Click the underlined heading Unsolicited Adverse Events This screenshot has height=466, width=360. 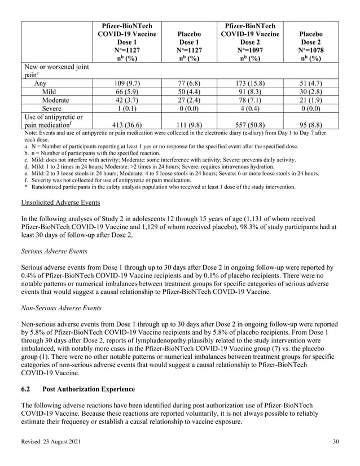point(60,202)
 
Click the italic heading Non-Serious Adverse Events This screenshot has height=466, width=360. point(62,308)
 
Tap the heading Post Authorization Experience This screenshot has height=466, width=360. point(92,390)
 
